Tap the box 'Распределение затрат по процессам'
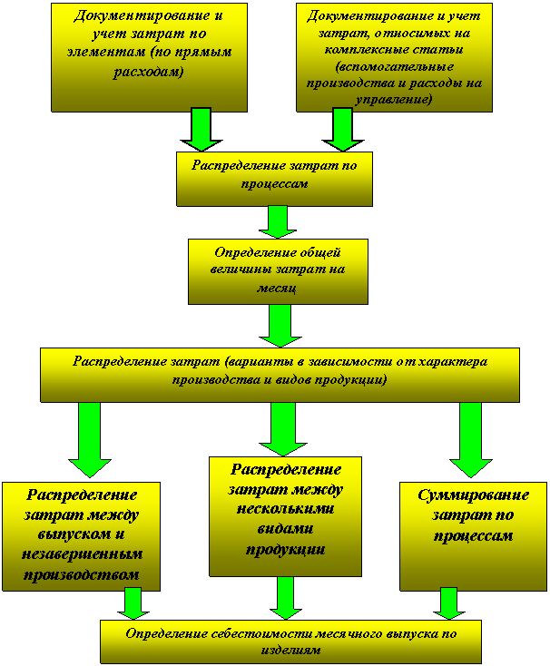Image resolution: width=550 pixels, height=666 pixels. pos(274,177)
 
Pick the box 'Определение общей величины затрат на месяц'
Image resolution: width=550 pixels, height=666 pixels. pos(278,270)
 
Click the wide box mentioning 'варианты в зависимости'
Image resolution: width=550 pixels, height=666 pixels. pos(280,373)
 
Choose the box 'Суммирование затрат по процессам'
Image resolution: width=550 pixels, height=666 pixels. pos(459,535)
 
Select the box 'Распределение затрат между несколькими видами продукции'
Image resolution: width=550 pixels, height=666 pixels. pos(285,515)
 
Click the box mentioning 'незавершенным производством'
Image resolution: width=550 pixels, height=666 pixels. pos(81,535)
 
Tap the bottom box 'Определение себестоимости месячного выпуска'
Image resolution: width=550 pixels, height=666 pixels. pos(290,642)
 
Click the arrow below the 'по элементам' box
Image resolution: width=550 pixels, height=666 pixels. pos(201,129)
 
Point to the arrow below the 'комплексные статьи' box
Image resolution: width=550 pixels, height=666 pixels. pos(341,129)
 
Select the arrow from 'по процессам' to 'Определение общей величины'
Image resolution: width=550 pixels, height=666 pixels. pos(278,222)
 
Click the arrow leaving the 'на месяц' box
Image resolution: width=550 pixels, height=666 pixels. pos(280,325)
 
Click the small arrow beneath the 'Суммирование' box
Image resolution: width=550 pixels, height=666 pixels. pos(447,603)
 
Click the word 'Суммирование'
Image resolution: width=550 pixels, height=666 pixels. pos(459,496)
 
